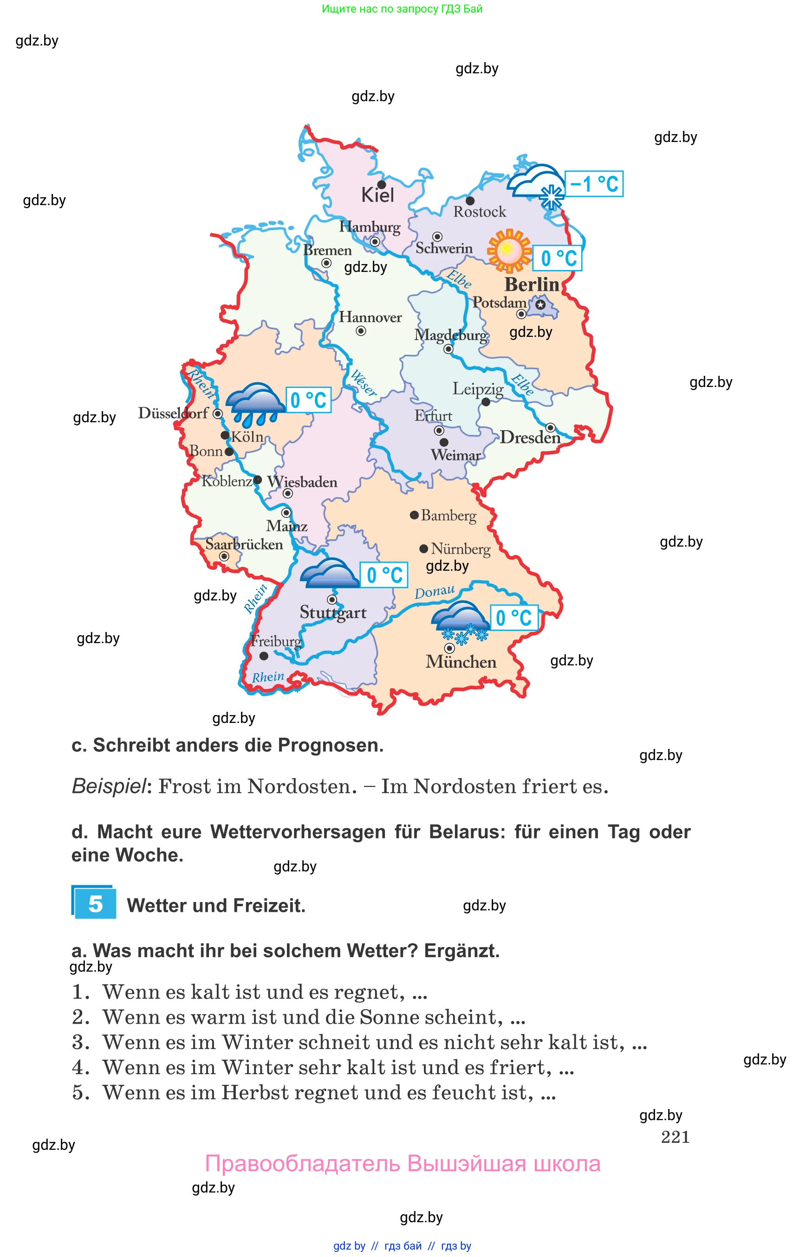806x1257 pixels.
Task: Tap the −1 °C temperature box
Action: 594,184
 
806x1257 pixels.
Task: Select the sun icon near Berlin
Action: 509,251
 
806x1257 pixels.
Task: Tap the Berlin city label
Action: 532,284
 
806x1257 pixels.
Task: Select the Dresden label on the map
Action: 530,437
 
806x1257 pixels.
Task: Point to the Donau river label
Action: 435,592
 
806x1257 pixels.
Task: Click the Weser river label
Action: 363,382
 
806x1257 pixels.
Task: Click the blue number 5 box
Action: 95,903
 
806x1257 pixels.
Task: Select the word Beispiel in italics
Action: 109,786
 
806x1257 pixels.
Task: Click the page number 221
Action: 675,1137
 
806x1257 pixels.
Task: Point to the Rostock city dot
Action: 470,201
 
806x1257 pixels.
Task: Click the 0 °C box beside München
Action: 513,618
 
